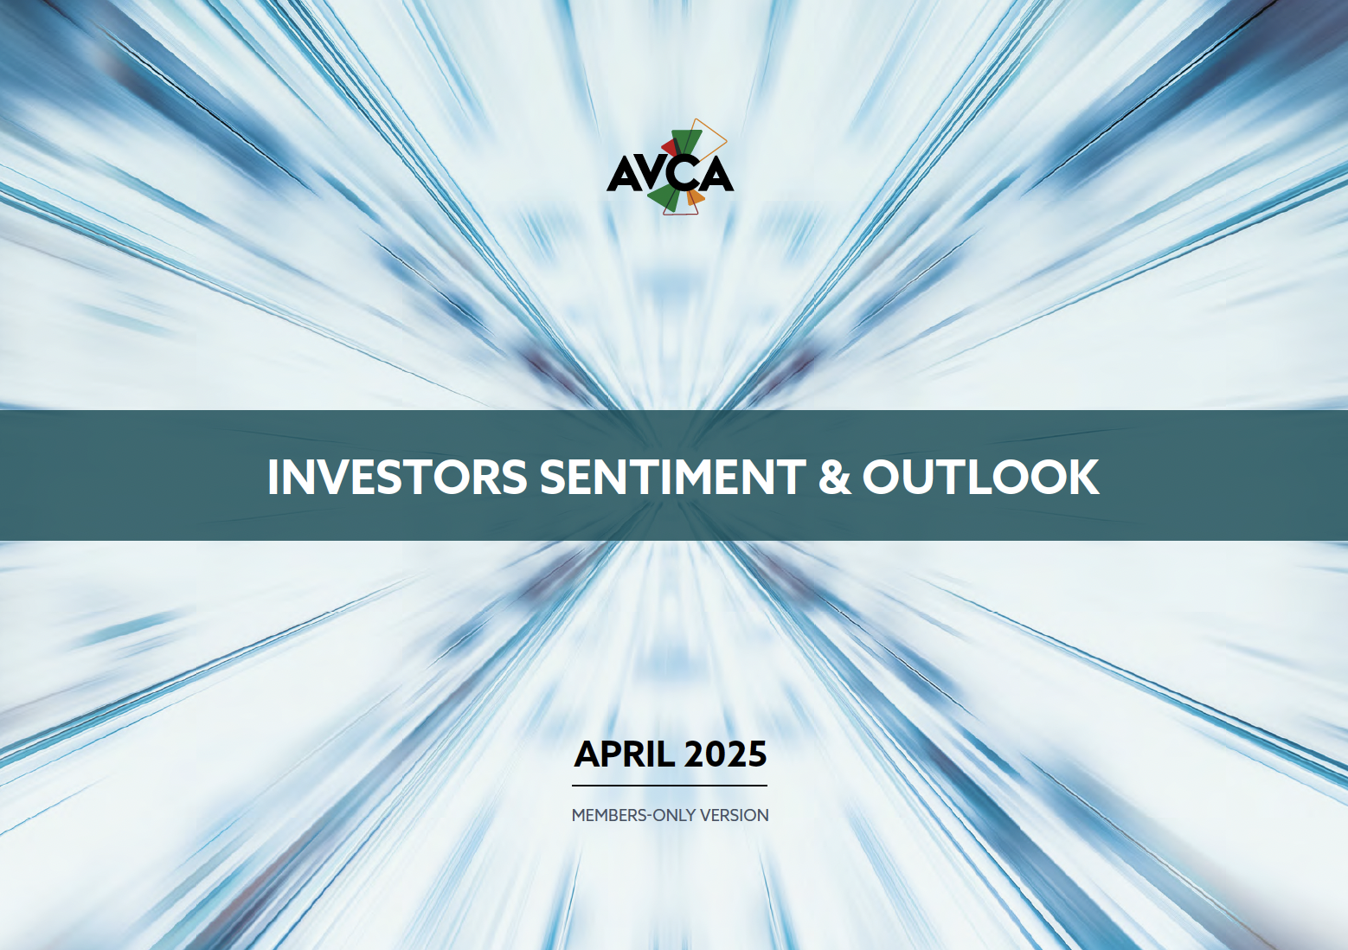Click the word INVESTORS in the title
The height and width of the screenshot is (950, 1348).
(x=397, y=477)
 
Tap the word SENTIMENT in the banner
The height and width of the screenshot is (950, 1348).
(x=673, y=477)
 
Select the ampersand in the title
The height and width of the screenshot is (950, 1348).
(x=835, y=477)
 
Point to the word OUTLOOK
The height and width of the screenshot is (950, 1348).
(x=981, y=477)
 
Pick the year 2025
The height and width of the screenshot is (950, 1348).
(x=726, y=754)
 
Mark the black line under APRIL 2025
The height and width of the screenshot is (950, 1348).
(x=669, y=785)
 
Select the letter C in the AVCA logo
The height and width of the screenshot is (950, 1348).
(x=684, y=175)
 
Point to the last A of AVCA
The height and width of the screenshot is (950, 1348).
(x=716, y=175)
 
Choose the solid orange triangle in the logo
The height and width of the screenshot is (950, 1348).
(x=695, y=197)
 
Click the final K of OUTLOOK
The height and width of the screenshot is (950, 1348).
(x=1084, y=477)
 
